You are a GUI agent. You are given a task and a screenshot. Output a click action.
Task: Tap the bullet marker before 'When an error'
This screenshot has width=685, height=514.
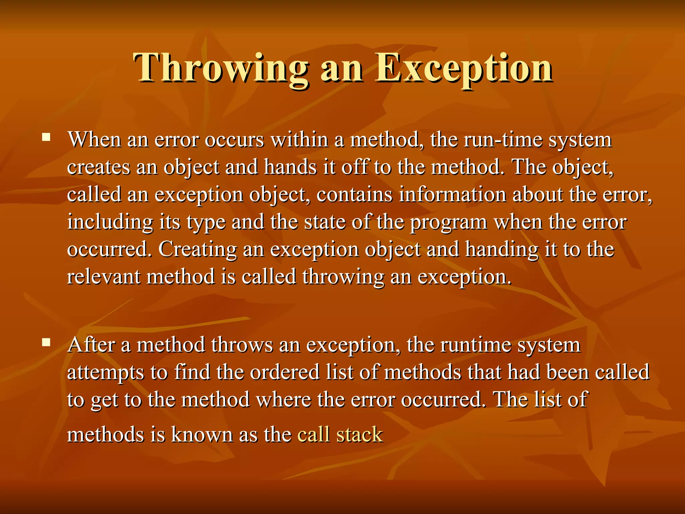(x=46, y=137)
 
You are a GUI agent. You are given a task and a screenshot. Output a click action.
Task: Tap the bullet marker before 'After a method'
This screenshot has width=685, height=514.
(x=46, y=342)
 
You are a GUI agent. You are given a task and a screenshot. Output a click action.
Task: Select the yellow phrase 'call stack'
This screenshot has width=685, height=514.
(x=340, y=435)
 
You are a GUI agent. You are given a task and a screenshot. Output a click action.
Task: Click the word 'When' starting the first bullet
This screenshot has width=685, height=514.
(x=94, y=140)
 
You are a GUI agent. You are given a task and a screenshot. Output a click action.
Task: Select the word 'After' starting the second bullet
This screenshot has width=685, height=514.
(x=91, y=345)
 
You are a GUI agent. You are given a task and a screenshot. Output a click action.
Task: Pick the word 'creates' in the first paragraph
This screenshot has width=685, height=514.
(x=98, y=167)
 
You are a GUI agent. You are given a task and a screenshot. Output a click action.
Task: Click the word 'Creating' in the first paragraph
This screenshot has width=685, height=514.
(x=197, y=250)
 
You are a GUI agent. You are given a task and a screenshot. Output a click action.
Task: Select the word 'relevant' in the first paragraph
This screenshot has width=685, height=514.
(x=103, y=277)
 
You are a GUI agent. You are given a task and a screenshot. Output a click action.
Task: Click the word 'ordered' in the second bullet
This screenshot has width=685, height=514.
(x=285, y=372)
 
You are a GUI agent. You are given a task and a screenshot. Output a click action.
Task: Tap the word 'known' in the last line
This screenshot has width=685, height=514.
(x=202, y=435)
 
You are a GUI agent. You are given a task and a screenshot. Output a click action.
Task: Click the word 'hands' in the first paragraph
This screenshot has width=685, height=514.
(x=290, y=167)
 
